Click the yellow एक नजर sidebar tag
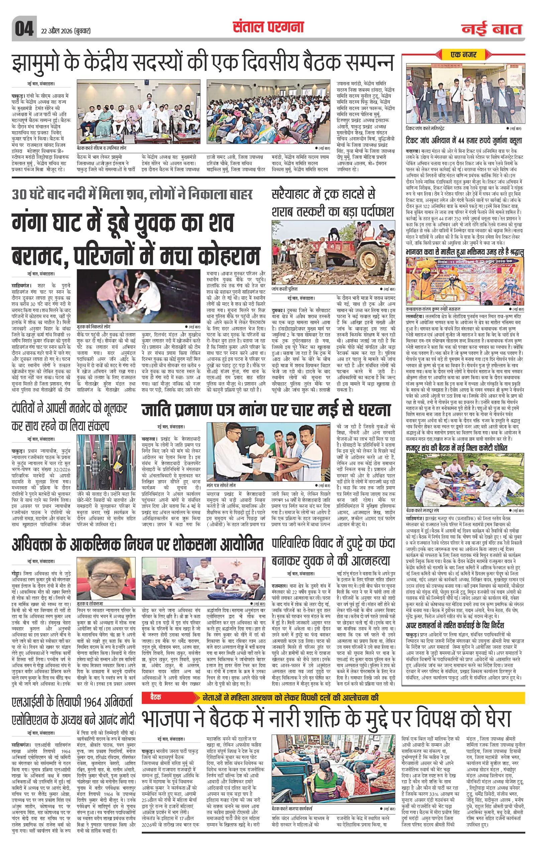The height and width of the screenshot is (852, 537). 463,54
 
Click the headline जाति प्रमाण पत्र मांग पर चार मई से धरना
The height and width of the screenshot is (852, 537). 266,409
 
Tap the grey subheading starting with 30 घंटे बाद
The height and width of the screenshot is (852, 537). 131,195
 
